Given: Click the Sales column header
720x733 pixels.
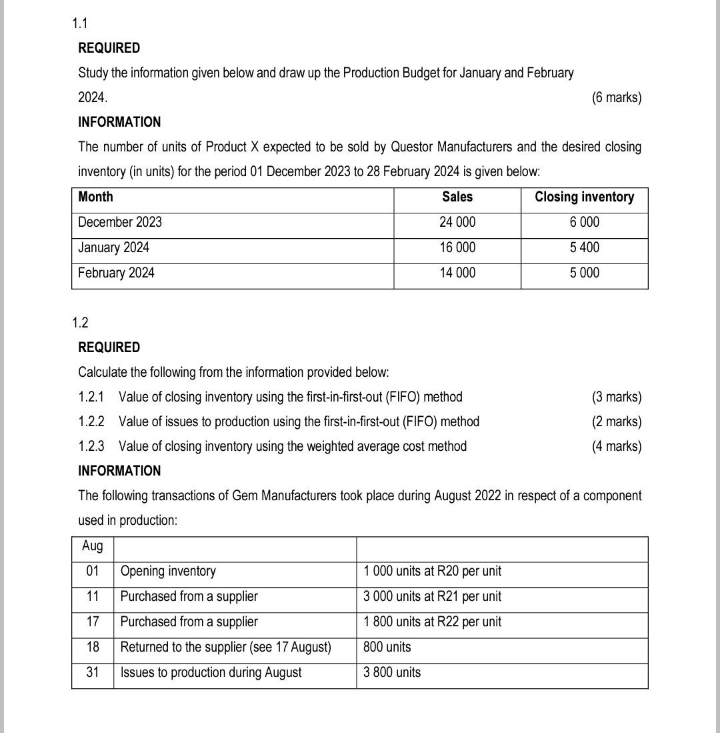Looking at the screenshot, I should click(457, 197).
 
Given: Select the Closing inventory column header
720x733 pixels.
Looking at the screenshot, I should click(584, 197).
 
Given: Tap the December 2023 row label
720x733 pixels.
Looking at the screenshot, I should click(120, 222).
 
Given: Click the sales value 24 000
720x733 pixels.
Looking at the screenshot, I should click(457, 222).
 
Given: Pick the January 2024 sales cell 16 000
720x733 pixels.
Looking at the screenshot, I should click(457, 247).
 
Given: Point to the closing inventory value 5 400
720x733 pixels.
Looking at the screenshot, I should click(585, 247).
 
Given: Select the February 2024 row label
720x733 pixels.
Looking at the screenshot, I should click(116, 273).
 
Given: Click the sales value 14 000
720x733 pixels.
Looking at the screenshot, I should click(457, 273).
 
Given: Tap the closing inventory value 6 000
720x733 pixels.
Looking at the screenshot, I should click(585, 222).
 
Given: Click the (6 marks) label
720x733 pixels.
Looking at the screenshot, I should click(616, 97).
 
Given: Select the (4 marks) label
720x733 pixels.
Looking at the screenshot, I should click(616, 446).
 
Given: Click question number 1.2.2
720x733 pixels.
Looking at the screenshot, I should click(91, 422).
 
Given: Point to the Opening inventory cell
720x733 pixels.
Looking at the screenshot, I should click(168, 572).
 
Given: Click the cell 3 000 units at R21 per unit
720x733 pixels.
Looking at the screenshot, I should click(432, 596).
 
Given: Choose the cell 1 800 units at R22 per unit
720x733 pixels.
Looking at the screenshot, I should click(432, 622).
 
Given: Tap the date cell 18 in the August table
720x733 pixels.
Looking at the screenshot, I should click(93, 647).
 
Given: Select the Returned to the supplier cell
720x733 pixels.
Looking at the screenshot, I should click(225, 647).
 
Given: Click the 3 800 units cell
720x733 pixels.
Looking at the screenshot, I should click(392, 672).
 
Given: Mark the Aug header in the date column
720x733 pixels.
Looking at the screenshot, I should click(93, 546).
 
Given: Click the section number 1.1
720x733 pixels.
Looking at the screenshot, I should click(79, 24).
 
